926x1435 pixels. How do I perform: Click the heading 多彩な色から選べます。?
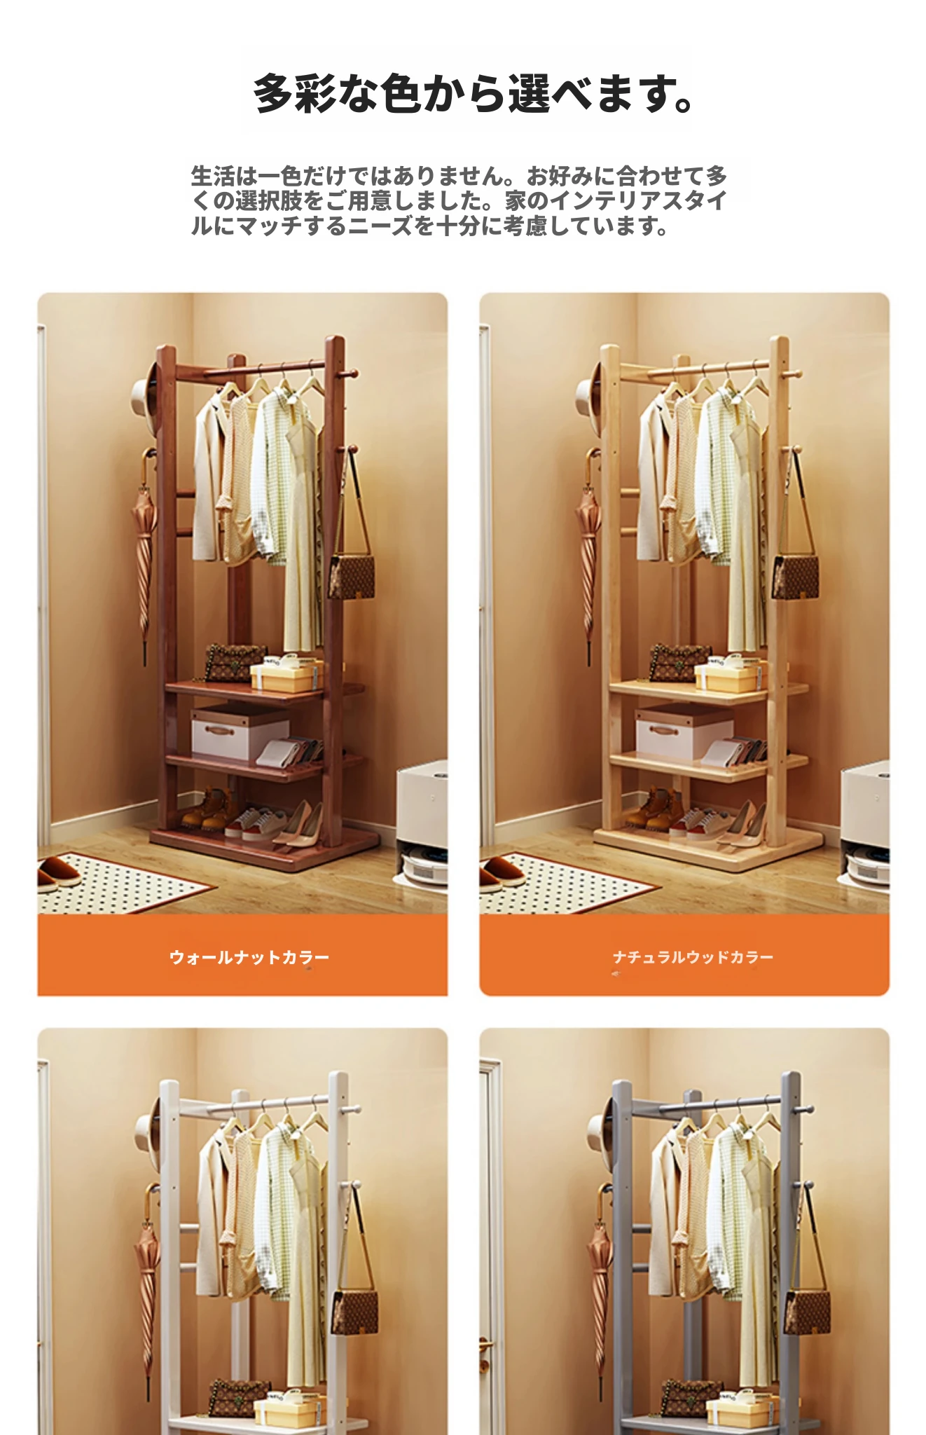click(474, 93)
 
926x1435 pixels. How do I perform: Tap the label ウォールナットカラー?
click(249, 957)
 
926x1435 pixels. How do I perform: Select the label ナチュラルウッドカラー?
click(693, 957)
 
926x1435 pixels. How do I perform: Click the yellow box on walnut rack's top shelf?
click(286, 674)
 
